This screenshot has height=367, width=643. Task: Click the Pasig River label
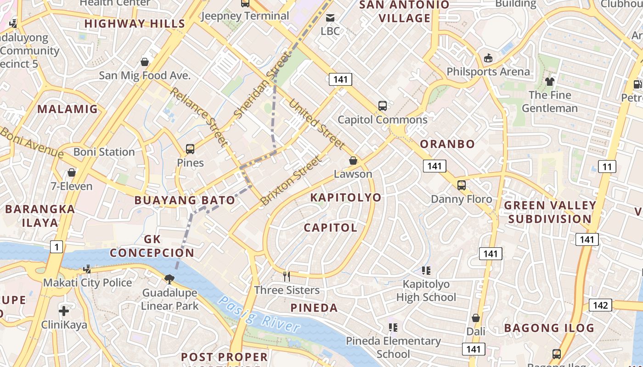tap(259, 314)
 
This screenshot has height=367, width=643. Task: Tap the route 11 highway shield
tap(607, 167)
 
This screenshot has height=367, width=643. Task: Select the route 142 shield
tap(600, 305)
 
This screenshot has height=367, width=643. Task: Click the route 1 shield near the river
tap(56, 247)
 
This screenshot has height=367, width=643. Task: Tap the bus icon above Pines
tap(190, 149)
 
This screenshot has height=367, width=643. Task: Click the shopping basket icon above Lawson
tap(353, 161)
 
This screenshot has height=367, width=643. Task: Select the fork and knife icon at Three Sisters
tap(287, 276)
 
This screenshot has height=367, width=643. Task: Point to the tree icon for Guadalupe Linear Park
tap(169, 279)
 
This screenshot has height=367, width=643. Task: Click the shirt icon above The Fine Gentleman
tap(549, 82)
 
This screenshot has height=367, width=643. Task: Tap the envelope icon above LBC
tap(330, 18)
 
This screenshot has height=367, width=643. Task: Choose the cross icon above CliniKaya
tap(64, 311)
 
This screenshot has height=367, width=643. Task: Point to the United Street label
tap(316, 124)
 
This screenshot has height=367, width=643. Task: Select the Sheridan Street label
tap(262, 85)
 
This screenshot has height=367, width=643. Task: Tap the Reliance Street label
tap(198, 117)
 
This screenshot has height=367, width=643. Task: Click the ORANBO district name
tap(447, 144)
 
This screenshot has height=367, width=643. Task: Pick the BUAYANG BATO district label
tap(185, 200)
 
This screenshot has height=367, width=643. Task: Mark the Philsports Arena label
tap(488, 72)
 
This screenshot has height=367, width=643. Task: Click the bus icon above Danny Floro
tap(461, 185)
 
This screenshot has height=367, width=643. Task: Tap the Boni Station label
tap(104, 152)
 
